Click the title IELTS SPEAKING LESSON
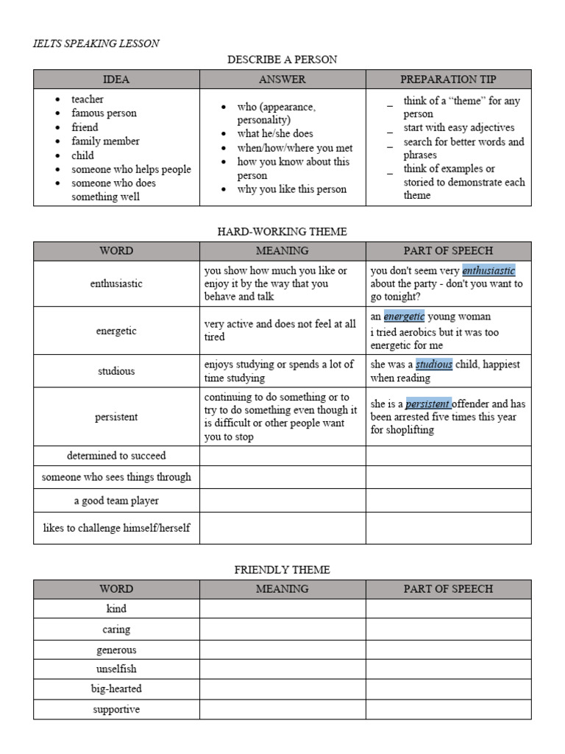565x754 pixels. point(96,43)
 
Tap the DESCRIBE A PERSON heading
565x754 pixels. point(282,59)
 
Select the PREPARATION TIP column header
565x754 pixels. point(448,79)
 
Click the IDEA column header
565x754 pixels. point(116,79)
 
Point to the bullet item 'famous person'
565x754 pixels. point(104,113)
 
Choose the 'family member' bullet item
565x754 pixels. point(105,141)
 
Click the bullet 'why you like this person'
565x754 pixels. point(291,189)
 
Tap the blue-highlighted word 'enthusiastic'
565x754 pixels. point(488,271)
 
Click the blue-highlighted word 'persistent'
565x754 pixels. point(428,404)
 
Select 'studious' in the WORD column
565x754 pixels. point(116,371)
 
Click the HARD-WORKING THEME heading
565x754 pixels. point(282,231)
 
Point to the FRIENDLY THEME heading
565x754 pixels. point(282,569)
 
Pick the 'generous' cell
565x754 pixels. point(116,650)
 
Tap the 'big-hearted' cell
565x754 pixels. point(116,689)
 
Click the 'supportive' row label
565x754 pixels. point(116,710)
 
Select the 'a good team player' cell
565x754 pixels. point(116,501)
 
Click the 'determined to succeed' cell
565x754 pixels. point(116,456)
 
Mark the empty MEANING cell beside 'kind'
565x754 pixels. point(282,609)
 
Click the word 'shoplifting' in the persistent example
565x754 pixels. point(410,431)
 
